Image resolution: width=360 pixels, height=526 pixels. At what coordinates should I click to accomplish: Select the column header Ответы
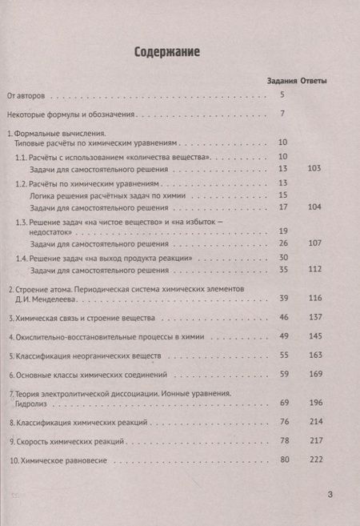(319, 81)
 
